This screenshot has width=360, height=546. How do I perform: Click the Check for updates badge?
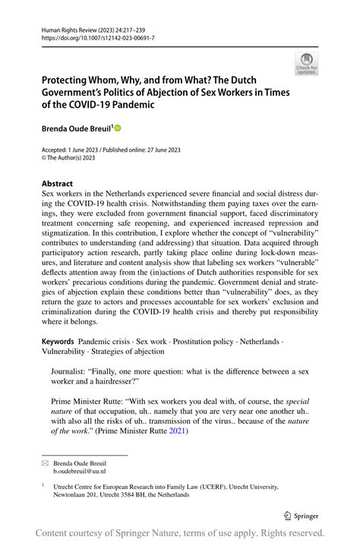[x=307, y=64]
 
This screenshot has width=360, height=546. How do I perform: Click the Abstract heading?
[x=58, y=183]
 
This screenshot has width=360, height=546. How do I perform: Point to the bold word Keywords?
[x=58, y=342]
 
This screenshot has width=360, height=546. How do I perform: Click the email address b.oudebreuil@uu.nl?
[x=79, y=471]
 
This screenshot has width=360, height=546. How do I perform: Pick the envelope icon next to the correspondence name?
[x=45, y=462]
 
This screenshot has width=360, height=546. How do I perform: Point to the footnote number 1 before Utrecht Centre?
[x=43, y=484]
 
